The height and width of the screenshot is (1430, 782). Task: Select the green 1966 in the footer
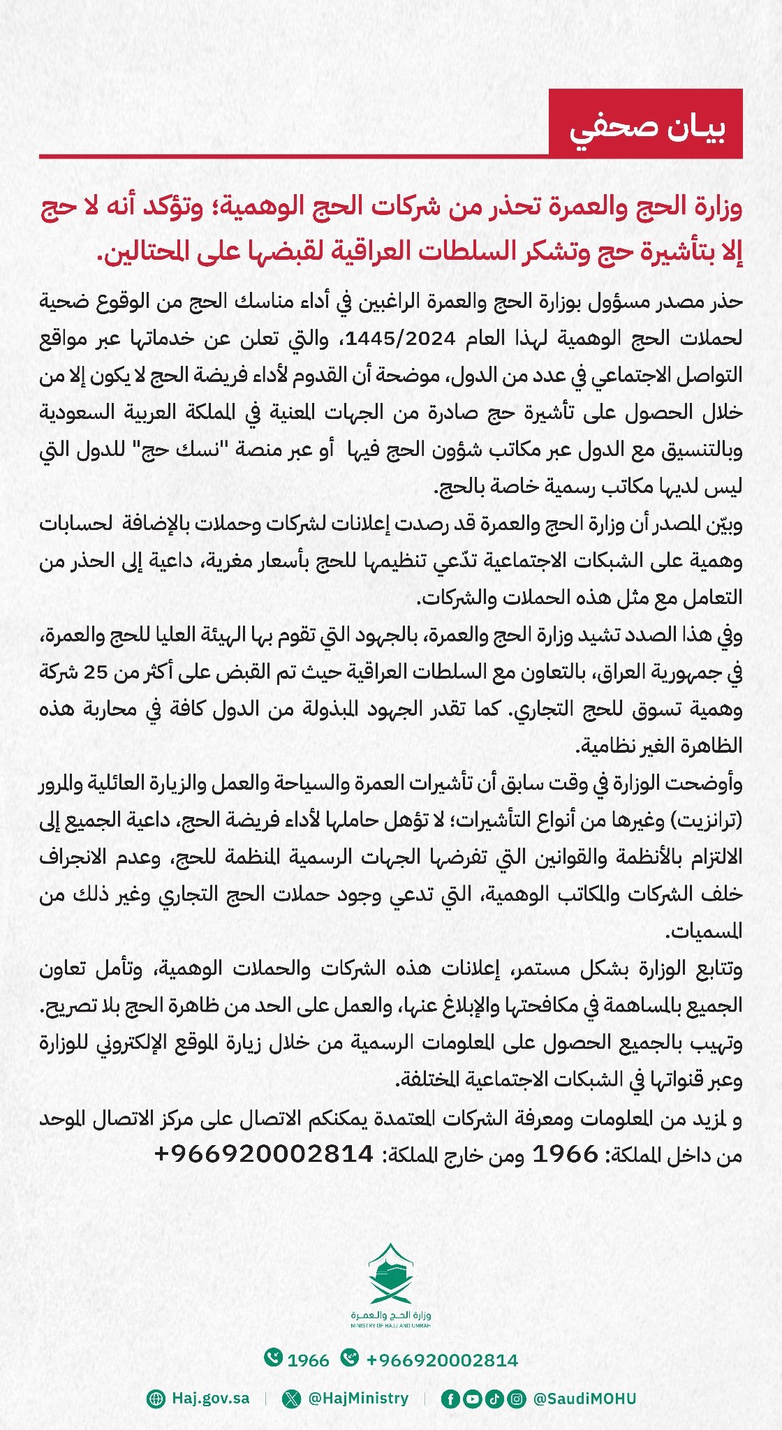(308, 1360)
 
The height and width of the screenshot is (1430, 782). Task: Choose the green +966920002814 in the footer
(442, 1360)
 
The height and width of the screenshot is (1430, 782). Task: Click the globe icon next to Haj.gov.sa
(156, 1399)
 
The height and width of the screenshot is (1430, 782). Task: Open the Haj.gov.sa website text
(210, 1399)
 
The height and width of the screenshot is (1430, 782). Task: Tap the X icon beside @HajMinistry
(291, 1399)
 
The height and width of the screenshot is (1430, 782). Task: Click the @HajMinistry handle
(358, 1399)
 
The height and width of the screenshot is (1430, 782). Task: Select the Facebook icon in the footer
(450, 1399)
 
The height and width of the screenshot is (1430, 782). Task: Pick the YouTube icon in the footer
(472, 1399)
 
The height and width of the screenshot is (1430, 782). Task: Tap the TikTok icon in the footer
(494, 1399)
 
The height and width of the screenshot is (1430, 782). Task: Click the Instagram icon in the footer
(515, 1399)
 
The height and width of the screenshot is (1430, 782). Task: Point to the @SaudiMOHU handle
(584, 1399)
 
